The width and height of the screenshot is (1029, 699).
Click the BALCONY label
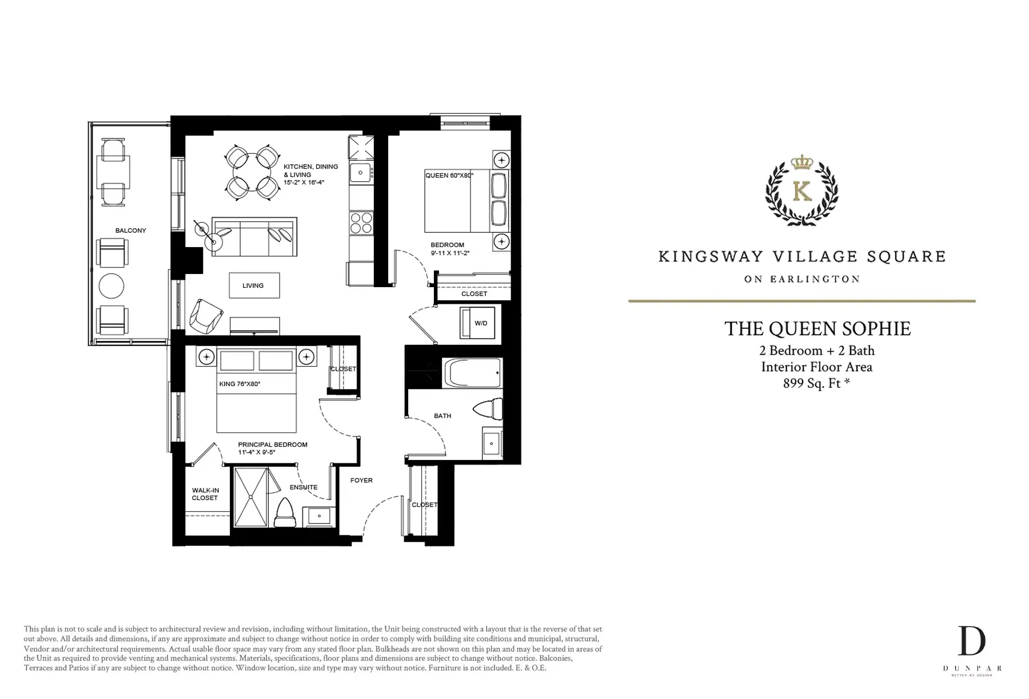click(130, 231)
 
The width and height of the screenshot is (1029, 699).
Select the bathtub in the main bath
click(473, 373)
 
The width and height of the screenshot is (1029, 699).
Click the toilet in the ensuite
click(284, 513)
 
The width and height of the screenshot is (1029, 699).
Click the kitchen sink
click(361, 172)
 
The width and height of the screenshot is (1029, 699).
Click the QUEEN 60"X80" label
click(449, 176)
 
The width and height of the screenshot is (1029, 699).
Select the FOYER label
click(361, 480)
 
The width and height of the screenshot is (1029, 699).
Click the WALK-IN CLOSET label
click(205, 494)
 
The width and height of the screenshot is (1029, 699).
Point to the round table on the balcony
click(111, 285)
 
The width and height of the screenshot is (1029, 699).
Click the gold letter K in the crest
click(803, 191)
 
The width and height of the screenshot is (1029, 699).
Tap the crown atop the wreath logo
click(802, 162)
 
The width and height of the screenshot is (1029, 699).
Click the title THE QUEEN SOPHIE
click(817, 329)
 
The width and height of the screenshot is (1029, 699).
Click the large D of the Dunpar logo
click(972, 641)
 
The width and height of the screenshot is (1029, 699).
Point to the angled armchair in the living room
click(205, 316)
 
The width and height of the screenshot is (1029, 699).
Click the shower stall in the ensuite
click(251, 497)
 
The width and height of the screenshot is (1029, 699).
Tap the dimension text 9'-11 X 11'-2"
click(450, 253)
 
